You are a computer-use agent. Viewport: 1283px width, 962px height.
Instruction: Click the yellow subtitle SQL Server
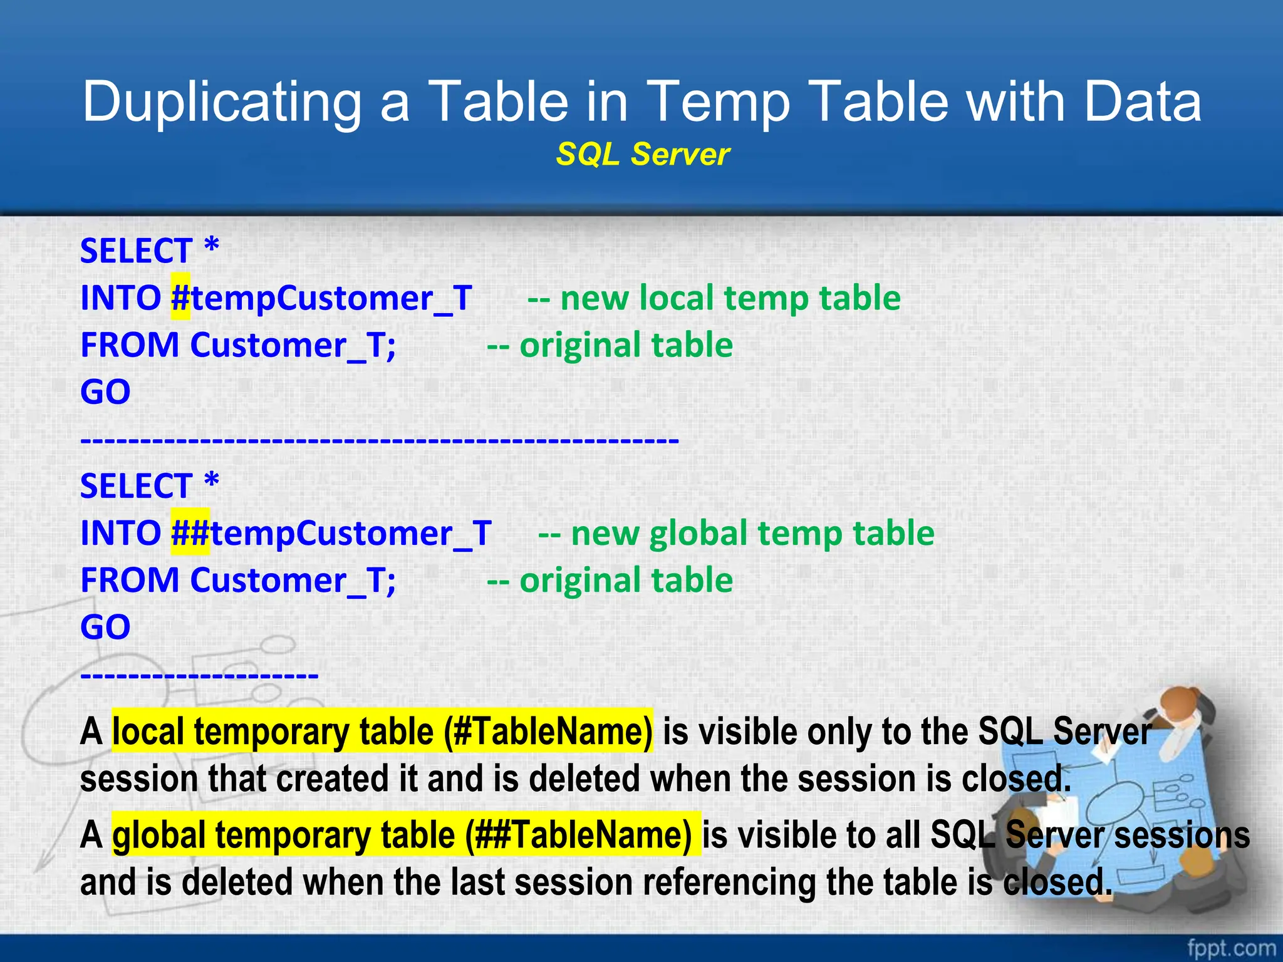coord(642,155)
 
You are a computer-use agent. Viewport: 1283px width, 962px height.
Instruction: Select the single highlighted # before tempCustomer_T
coord(180,298)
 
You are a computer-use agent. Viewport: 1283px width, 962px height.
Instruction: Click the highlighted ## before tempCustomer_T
coord(190,534)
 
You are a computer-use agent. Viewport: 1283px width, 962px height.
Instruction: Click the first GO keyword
coord(105,393)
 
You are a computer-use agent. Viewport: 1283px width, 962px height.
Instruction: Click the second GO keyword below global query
coord(105,628)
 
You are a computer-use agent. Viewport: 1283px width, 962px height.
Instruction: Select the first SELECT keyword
coord(136,252)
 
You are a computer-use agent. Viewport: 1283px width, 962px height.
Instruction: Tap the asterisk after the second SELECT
coord(212,484)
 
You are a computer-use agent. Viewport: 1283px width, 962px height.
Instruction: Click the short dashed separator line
coord(199,675)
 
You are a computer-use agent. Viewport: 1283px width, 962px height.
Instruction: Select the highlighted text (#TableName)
coord(548,732)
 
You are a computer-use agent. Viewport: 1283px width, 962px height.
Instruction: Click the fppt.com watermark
coord(1230,948)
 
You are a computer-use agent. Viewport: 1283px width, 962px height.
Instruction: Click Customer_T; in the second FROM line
coord(293,581)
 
